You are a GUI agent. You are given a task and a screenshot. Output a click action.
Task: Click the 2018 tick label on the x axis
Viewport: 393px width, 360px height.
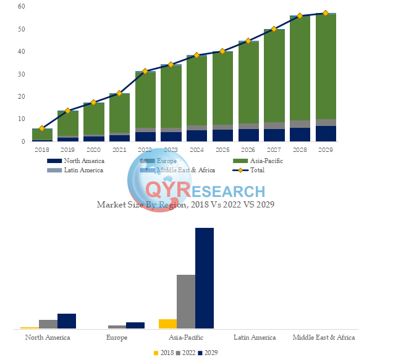tap(42, 149)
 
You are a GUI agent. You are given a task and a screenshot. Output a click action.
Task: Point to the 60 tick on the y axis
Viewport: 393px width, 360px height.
tap(22, 6)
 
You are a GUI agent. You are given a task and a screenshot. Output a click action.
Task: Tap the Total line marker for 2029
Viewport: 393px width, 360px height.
tap(326, 13)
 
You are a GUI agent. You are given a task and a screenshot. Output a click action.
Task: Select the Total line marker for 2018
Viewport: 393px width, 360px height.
tap(42, 128)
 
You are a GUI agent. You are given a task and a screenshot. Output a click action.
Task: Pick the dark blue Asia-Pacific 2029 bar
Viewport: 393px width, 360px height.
tap(205, 278)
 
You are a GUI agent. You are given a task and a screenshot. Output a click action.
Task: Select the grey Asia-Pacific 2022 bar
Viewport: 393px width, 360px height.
tap(186, 301)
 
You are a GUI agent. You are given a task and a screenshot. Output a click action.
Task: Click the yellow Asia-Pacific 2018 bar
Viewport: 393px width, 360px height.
tap(167, 324)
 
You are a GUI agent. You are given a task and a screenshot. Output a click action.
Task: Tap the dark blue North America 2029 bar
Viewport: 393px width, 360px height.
tap(67, 321)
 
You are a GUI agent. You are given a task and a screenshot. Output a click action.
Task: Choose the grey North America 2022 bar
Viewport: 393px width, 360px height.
tap(48, 324)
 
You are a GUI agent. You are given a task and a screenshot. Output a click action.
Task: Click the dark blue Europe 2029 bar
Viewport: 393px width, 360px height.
tap(135, 325)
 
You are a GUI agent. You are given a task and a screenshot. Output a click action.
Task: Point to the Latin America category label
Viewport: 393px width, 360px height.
tap(255, 338)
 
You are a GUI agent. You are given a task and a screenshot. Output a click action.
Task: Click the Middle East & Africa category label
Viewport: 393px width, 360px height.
tap(324, 338)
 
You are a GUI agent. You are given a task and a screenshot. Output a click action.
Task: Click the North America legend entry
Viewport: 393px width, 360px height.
tap(84, 161)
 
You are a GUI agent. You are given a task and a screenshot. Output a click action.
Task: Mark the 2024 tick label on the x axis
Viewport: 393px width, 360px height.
tap(196, 149)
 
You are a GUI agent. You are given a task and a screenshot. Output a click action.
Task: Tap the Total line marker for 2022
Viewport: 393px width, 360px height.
tap(145, 72)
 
